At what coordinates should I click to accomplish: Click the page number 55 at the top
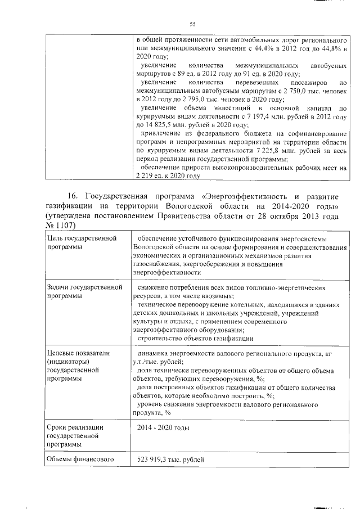pos(192,24)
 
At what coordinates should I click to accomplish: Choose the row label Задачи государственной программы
pos(84,291)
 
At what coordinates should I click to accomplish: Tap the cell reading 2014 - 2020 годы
pos(163,428)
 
